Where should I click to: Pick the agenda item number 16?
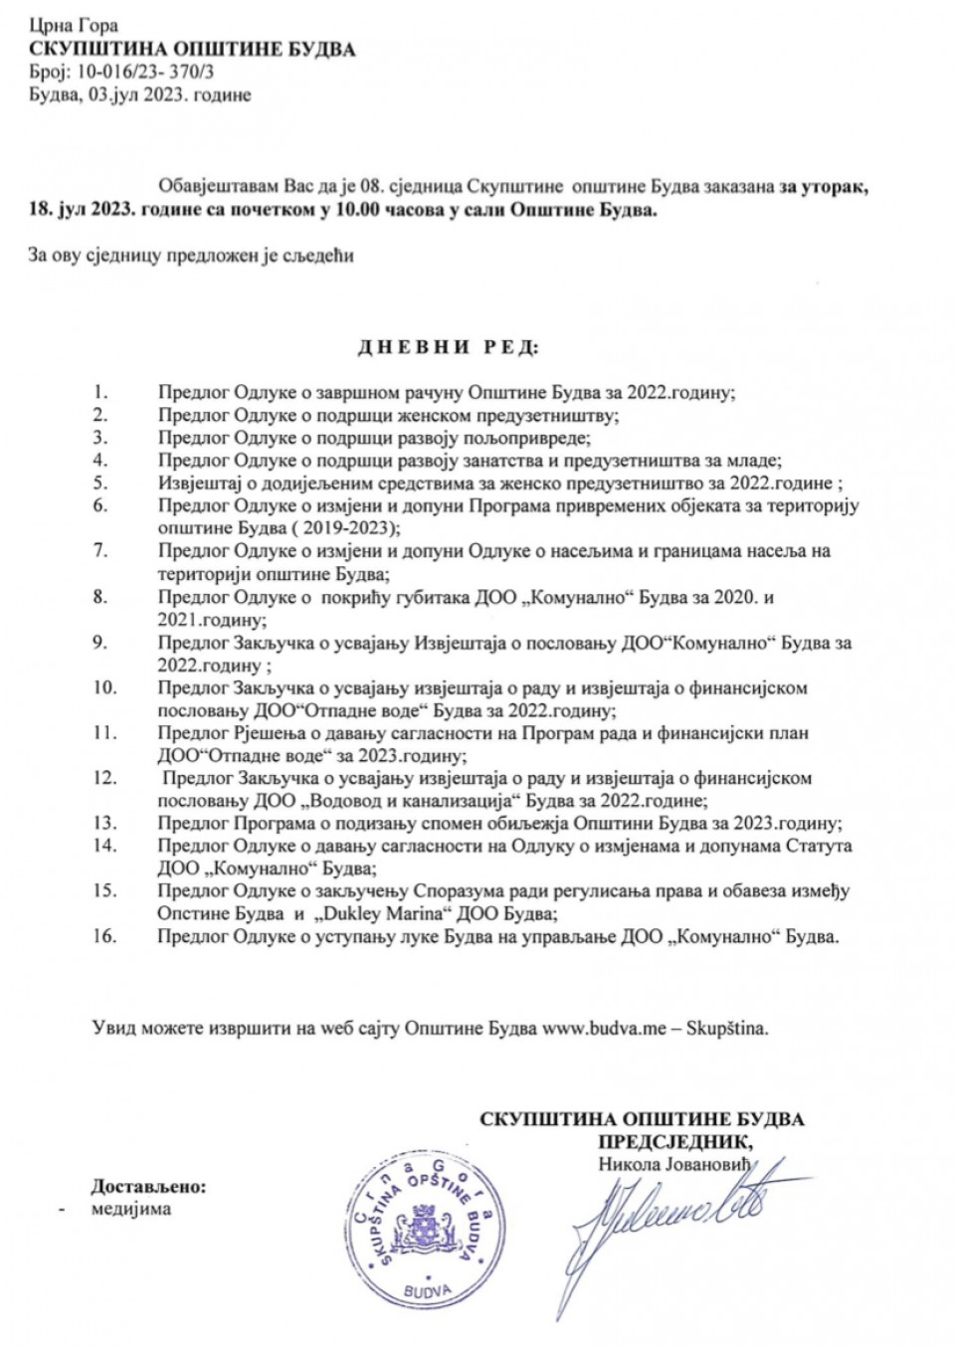coord(104,936)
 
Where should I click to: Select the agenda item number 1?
coord(99,391)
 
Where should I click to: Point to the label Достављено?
coord(149,1187)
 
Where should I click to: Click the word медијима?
coord(131,1210)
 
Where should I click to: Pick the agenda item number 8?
coord(99,597)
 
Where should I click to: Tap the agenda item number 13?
coord(104,823)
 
